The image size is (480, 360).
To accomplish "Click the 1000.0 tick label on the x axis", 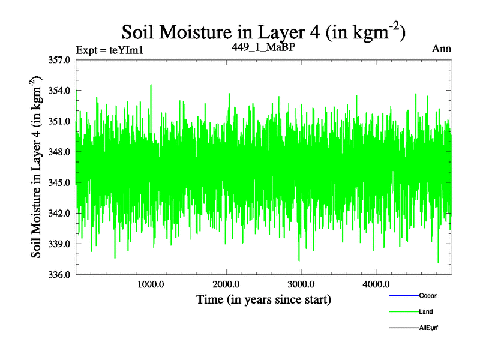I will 151,284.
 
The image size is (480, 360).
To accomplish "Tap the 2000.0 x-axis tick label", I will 226,284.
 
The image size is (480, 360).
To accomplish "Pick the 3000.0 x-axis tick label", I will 301,284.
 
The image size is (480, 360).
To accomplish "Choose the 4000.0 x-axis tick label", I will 376,284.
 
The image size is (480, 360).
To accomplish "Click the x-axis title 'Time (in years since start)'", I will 264,299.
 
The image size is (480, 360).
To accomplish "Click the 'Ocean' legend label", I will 428,296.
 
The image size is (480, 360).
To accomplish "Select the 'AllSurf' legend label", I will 430,328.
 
